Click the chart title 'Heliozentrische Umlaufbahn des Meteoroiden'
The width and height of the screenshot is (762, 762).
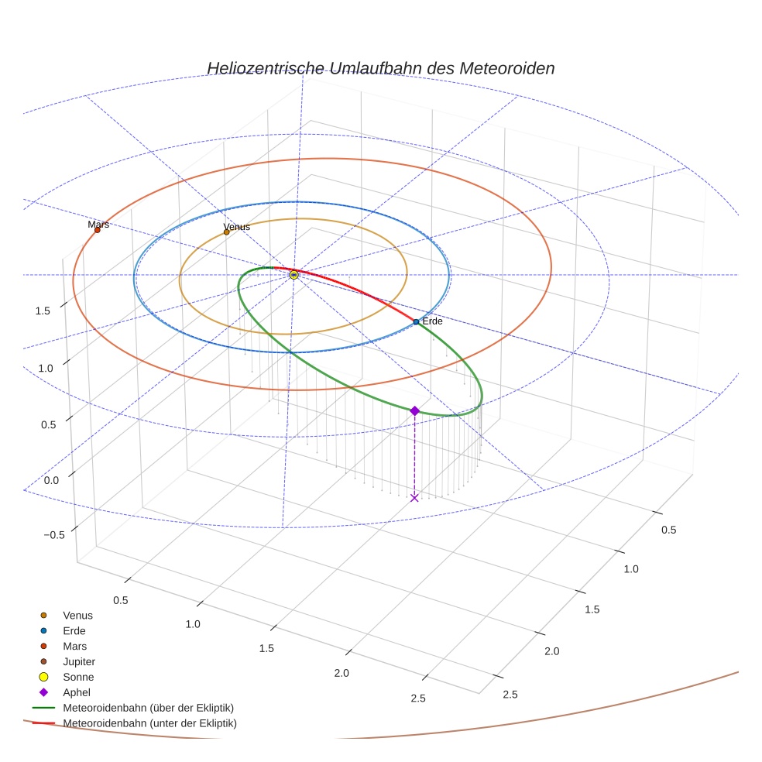tap(380, 68)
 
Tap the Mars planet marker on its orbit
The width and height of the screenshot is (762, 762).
tap(97, 230)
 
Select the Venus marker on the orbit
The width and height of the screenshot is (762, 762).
tap(226, 232)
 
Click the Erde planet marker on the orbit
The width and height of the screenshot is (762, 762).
tap(416, 321)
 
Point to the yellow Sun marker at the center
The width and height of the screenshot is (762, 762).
tap(293, 275)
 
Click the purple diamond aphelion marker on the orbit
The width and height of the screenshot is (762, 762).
tap(414, 410)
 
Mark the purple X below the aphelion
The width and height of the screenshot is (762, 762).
tap(414, 497)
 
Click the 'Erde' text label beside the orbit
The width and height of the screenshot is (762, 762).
tap(432, 321)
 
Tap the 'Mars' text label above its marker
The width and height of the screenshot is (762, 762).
tap(98, 225)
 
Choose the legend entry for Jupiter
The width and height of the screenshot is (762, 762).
tap(78, 661)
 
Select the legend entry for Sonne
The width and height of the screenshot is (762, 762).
tap(78, 677)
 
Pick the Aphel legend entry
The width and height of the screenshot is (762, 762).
tap(77, 692)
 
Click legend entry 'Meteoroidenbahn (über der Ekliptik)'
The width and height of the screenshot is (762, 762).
tap(148, 708)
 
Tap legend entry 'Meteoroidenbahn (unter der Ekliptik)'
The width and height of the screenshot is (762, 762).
tap(149, 723)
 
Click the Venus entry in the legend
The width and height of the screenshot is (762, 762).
tap(77, 615)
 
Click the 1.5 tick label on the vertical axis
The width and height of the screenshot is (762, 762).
tap(43, 311)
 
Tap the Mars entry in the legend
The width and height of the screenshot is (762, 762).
tap(74, 646)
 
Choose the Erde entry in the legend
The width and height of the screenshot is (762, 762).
tap(74, 630)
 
